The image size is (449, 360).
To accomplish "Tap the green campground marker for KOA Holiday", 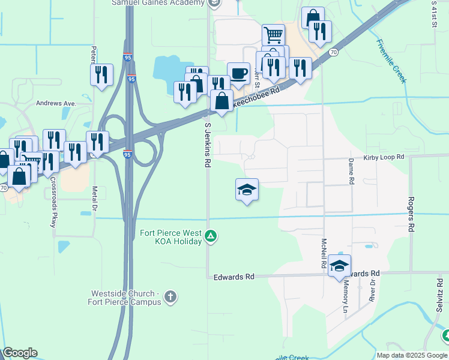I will point(211,236).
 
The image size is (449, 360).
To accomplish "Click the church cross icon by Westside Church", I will point(170,296).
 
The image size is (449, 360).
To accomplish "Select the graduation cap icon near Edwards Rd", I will point(339,266).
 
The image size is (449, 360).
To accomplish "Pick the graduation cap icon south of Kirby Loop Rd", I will point(247,190).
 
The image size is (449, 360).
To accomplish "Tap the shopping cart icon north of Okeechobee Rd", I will point(273,34).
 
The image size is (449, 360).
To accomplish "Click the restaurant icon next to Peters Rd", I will point(101,75).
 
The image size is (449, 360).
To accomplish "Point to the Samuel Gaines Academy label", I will point(158,4).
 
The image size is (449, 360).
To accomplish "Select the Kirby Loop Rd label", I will point(384,157).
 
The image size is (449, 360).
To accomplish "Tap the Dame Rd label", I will point(351,170).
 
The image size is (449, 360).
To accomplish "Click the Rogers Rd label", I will point(411,214).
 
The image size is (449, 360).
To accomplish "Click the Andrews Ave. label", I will point(56,103).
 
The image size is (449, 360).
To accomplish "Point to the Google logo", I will point(20,353).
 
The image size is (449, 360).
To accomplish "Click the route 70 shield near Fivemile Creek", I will point(333,53).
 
